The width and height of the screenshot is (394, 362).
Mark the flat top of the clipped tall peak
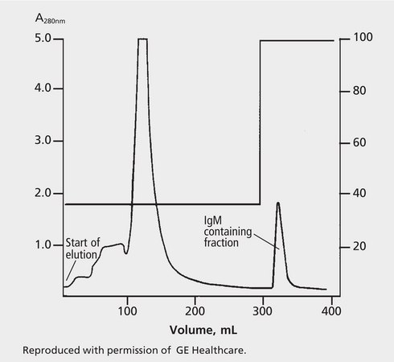point(142,39)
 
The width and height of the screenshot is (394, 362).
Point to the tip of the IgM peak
point(277,203)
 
